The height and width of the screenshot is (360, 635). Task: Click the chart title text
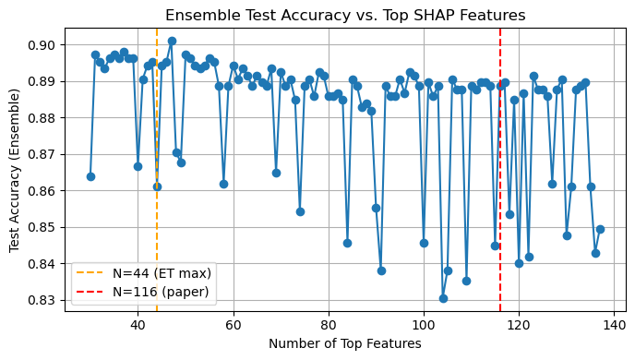coord(346,15)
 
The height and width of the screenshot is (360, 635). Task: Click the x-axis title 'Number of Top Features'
coord(345,343)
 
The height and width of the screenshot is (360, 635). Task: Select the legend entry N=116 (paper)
coord(151,292)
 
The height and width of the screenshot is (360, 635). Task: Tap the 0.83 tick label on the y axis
coord(42,300)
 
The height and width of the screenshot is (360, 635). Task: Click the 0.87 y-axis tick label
coord(42,154)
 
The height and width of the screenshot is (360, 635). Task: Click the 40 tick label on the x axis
coord(138,325)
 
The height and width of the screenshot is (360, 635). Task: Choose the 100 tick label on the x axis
coord(424,325)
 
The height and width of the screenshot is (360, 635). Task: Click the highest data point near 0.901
coord(172,41)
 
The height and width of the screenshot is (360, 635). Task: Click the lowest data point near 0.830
coord(443,298)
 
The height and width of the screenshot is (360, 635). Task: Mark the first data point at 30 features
coord(90,176)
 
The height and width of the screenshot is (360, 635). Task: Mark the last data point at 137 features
coord(600,229)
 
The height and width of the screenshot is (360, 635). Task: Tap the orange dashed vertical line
coord(157,138)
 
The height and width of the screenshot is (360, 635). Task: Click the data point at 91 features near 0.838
coord(381,270)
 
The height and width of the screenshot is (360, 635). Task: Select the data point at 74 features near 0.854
coord(300,211)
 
